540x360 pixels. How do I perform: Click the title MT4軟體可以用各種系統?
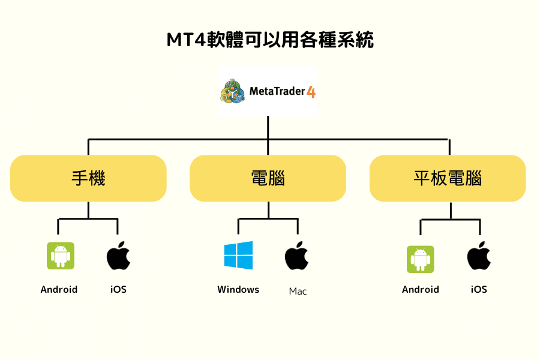coord(269,40)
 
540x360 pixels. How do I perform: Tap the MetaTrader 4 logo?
coord(268,91)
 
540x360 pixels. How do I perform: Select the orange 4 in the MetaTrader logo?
coord(311,92)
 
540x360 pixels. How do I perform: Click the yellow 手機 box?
coord(88,178)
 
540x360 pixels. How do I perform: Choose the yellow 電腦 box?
coord(268,178)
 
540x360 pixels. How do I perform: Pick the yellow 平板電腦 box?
coord(448,178)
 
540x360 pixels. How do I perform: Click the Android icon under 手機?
coord(60,256)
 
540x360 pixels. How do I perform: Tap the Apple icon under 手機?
coord(118,256)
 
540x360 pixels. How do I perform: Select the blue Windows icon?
coord(238,256)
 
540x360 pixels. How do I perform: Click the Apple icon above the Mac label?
coord(296,256)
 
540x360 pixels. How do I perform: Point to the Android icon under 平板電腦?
coord(420,259)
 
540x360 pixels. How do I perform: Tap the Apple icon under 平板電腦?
coord(479,256)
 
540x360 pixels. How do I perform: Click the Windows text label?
coord(238,290)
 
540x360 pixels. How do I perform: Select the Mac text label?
coord(298,292)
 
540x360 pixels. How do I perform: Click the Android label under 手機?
coord(59,290)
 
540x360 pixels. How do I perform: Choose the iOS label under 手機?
coord(118,290)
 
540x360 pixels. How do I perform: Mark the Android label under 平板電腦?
coord(420,290)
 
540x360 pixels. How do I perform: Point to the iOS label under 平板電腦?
coord(479,290)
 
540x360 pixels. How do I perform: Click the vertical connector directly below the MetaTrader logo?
coord(268,127)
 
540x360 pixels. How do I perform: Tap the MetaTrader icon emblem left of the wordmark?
coord(232,92)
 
